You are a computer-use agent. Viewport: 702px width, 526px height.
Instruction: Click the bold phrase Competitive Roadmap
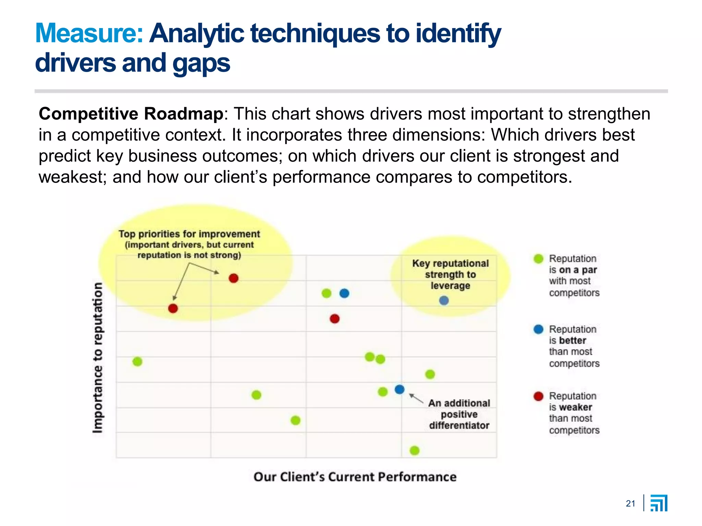[x=131, y=114]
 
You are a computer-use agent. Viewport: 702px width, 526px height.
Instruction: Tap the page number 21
[x=630, y=503]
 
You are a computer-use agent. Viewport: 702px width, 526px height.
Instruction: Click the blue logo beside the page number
[x=659, y=503]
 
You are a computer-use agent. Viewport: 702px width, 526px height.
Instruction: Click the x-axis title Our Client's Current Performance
[x=355, y=477]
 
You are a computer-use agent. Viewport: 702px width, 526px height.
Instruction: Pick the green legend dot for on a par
[x=538, y=259]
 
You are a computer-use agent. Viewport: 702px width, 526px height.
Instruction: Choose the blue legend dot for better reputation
[x=538, y=329]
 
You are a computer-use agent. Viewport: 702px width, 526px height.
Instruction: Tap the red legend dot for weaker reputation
[x=538, y=396]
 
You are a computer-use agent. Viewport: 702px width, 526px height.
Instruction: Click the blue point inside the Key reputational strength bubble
[x=444, y=301]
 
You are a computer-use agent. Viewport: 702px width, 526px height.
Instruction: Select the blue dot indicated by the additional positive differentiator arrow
[x=399, y=389]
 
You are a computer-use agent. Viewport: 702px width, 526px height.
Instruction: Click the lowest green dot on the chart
[x=414, y=450]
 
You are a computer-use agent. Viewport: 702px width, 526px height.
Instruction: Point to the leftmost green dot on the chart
[x=137, y=362]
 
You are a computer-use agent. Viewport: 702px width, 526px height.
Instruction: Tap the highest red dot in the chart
[x=233, y=278]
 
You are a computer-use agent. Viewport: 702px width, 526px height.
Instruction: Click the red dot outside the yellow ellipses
[x=335, y=319]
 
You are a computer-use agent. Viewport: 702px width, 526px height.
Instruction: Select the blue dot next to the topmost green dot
[x=344, y=293]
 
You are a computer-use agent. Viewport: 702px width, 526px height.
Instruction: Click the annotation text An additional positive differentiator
[x=459, y=414]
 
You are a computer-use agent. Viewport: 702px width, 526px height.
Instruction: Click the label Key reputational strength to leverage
[x=450, y=274]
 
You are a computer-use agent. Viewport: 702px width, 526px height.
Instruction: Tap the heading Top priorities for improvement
[x=189, y=234]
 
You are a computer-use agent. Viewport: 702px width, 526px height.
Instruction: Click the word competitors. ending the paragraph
[x=524, y=177]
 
